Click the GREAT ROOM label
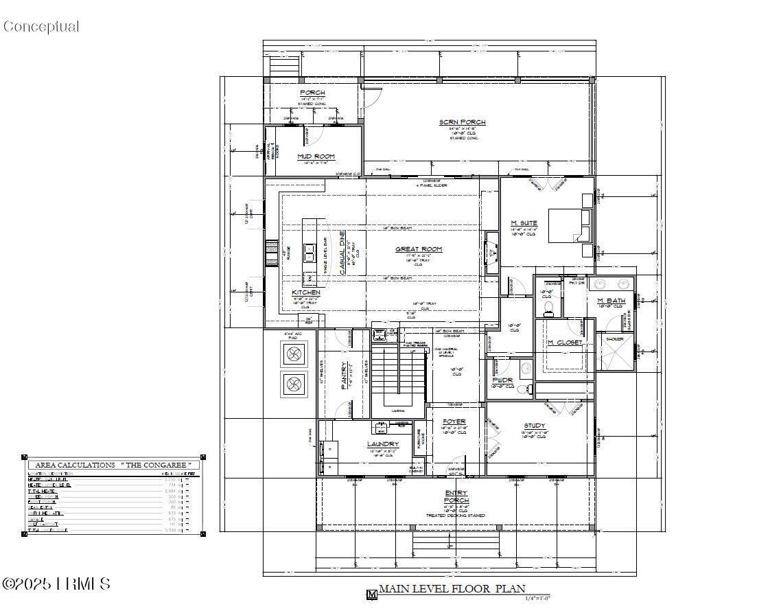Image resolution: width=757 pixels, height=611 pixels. click(x=419, y=249)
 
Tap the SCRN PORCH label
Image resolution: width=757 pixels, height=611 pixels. click(x=463, y=122)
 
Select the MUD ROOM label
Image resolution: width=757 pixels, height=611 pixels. click(x=316, y=157)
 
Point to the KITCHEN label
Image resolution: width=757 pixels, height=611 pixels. click(x=306, y=292)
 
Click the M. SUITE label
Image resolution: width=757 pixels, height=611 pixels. click(x=524, y=223)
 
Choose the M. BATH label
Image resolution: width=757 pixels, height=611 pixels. click(x=610, y=301)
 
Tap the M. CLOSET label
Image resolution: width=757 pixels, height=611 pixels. click(x=565, y=343)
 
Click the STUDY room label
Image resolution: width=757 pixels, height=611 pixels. click(x=535, y=426)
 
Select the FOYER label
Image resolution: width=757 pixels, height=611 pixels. click(x=454, y=422)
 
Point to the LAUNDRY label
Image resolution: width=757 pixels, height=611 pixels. click(x=383, y=444)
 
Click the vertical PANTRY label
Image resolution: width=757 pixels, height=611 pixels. click(x=345, y=376)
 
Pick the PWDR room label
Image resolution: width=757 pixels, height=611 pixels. click(x=502, y=380)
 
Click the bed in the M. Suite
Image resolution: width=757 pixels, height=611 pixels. click(x=569, y=225)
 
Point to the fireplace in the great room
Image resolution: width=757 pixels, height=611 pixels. click(x=491, y=253)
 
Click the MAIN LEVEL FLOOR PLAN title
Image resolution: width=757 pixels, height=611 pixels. click(x=452, y=588)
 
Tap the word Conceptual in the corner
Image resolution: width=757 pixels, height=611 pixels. click(x=41, y=27)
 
